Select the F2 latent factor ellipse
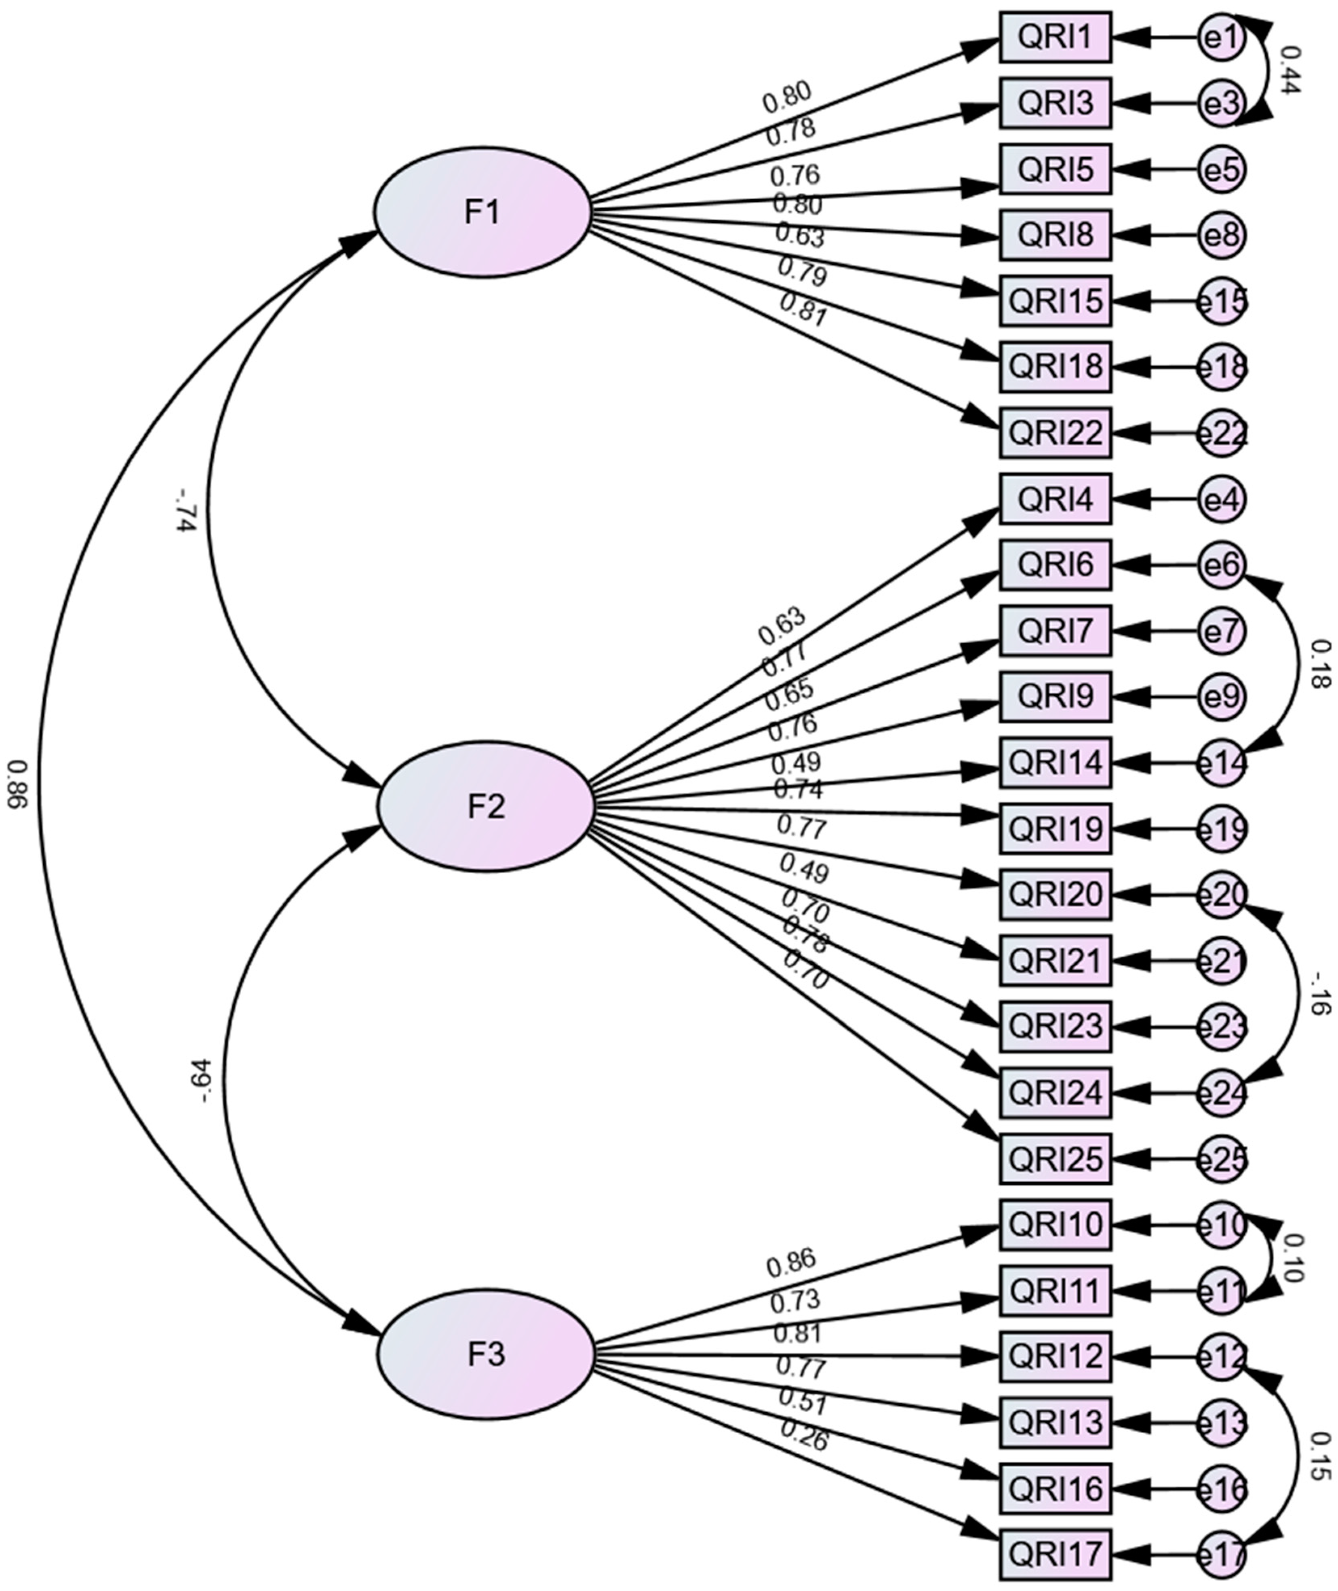coord(485,807)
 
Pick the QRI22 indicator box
coord(1055,433)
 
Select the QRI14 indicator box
coord(1055,763)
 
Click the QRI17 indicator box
coord(1055,1553)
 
